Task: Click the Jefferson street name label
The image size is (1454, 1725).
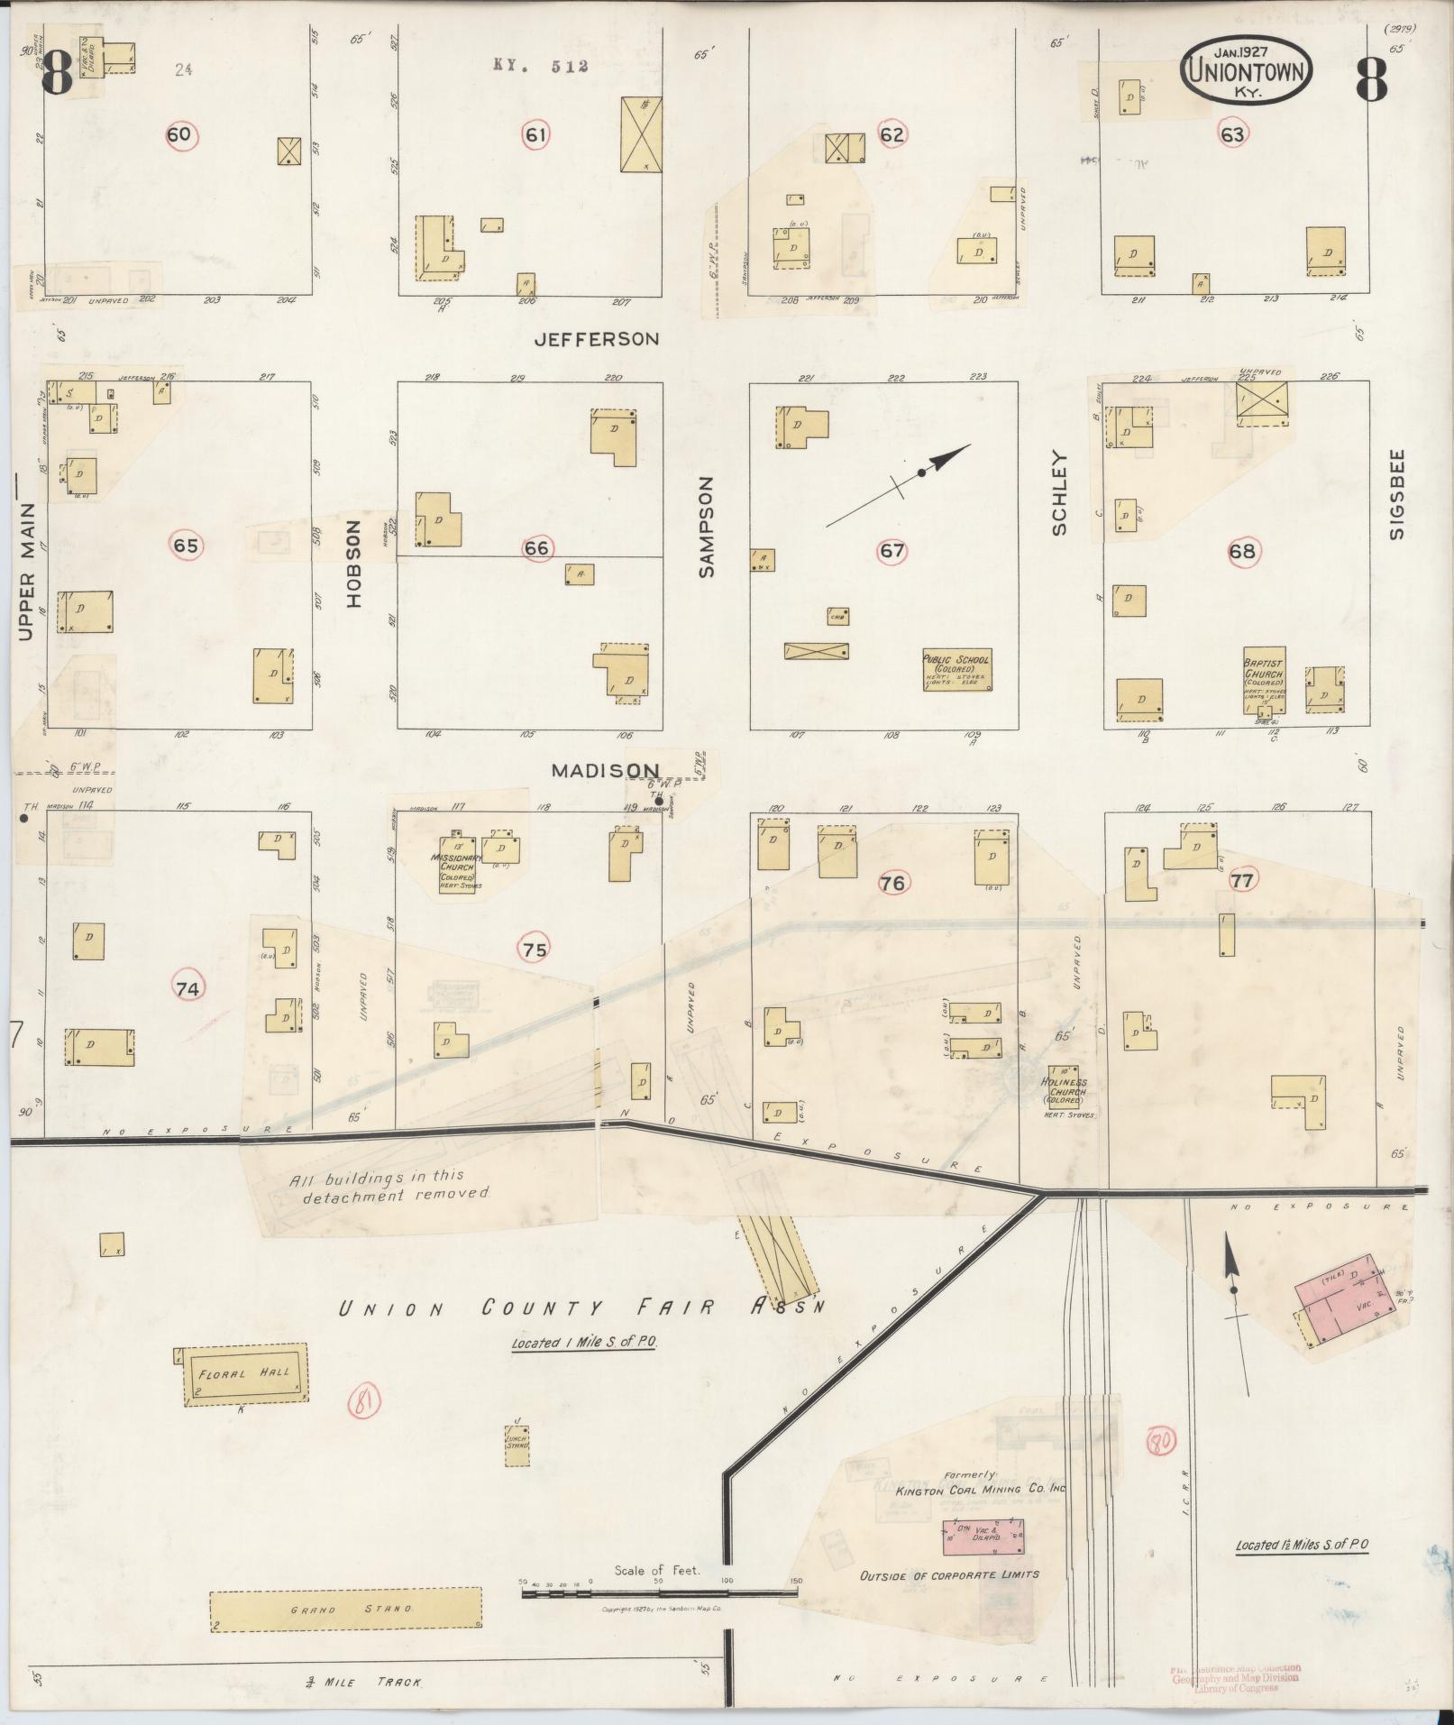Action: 596,339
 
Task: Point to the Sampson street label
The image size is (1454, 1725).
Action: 706,527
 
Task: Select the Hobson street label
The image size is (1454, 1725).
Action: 352,563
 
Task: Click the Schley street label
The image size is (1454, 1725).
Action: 1059,493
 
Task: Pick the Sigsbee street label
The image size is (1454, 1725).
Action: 1397,493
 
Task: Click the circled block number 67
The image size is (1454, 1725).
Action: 892,550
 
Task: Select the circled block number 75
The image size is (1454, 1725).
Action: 533,949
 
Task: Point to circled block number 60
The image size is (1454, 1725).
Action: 179,135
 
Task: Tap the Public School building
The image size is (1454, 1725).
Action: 956,670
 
